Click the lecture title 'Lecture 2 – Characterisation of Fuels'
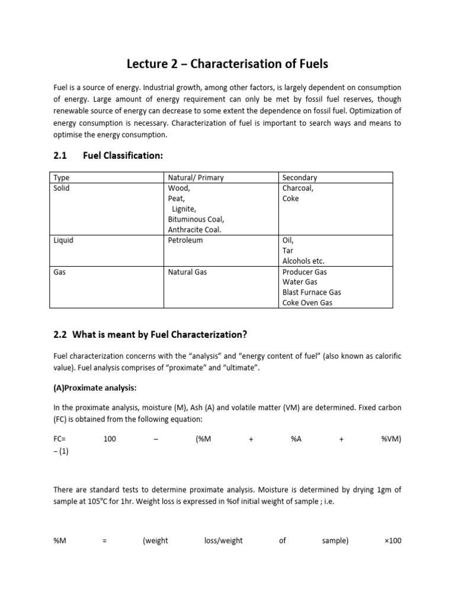point(227,63)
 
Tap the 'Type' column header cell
point(62,177)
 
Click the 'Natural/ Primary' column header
point(196,177)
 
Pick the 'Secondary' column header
point(300,177)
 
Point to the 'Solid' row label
point(62,188)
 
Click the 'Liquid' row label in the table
point(63,240)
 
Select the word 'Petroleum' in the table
point(185,240)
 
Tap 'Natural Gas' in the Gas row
point(188,272)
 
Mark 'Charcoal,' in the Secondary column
point(299,188)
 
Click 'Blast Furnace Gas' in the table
point(312,292)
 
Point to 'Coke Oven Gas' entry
point(307,303)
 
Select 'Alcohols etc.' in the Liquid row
point(304,261)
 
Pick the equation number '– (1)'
point(62,452)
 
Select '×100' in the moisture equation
point(392,541)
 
